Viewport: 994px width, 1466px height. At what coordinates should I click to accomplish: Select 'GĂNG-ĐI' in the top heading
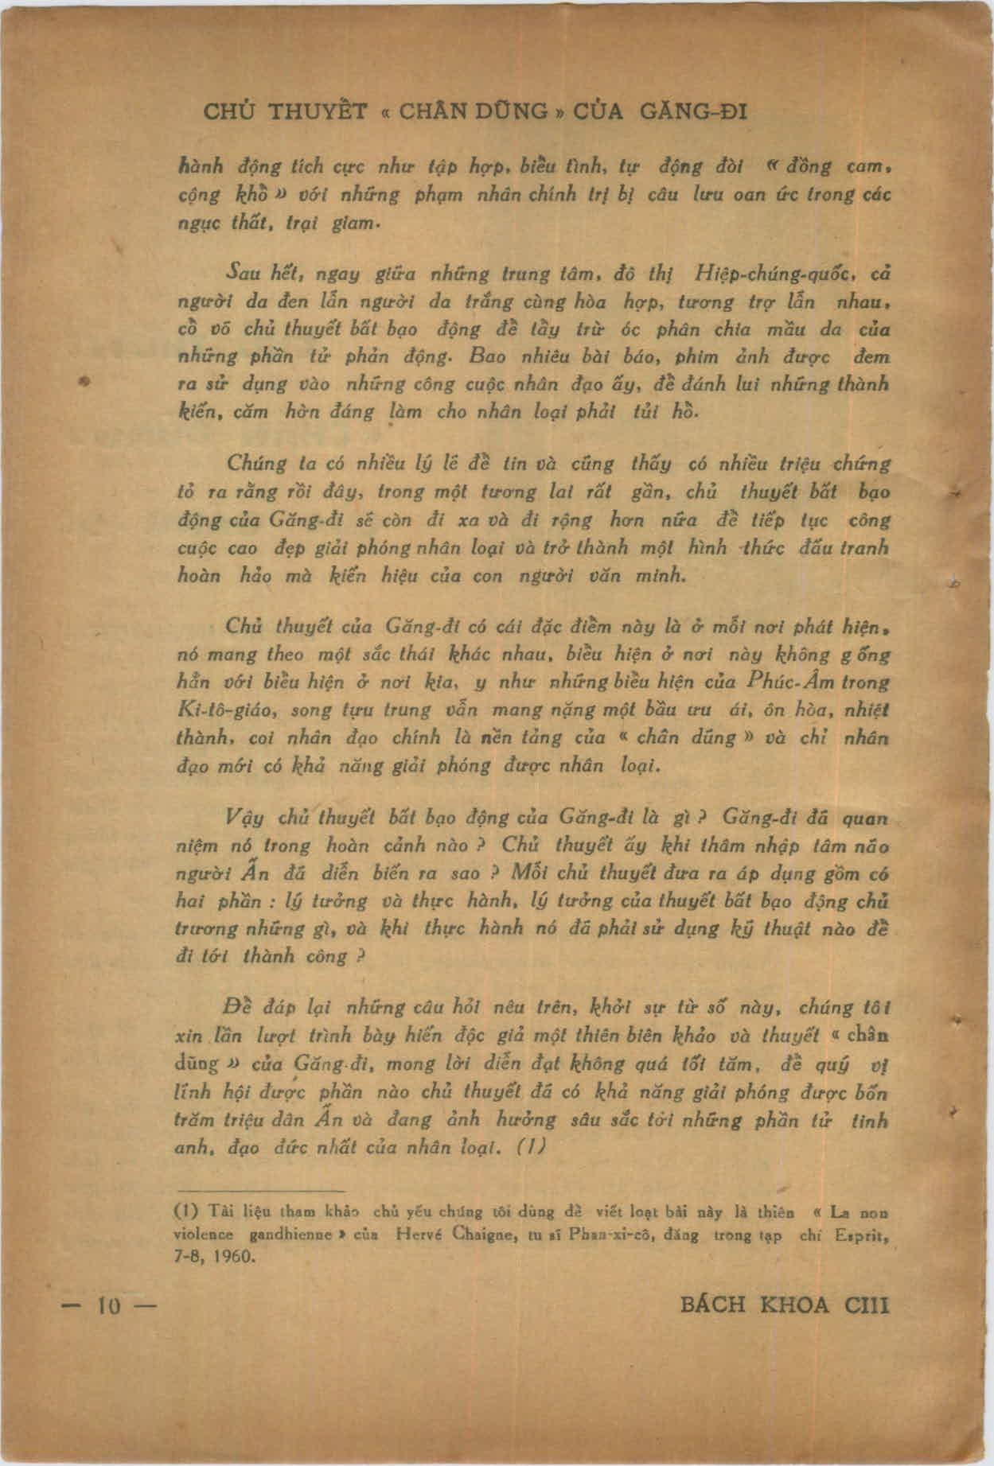coord(692,111)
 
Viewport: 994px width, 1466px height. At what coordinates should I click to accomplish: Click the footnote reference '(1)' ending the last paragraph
coord(530,1148)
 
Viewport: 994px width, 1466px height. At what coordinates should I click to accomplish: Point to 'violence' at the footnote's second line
coord(204,1235)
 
